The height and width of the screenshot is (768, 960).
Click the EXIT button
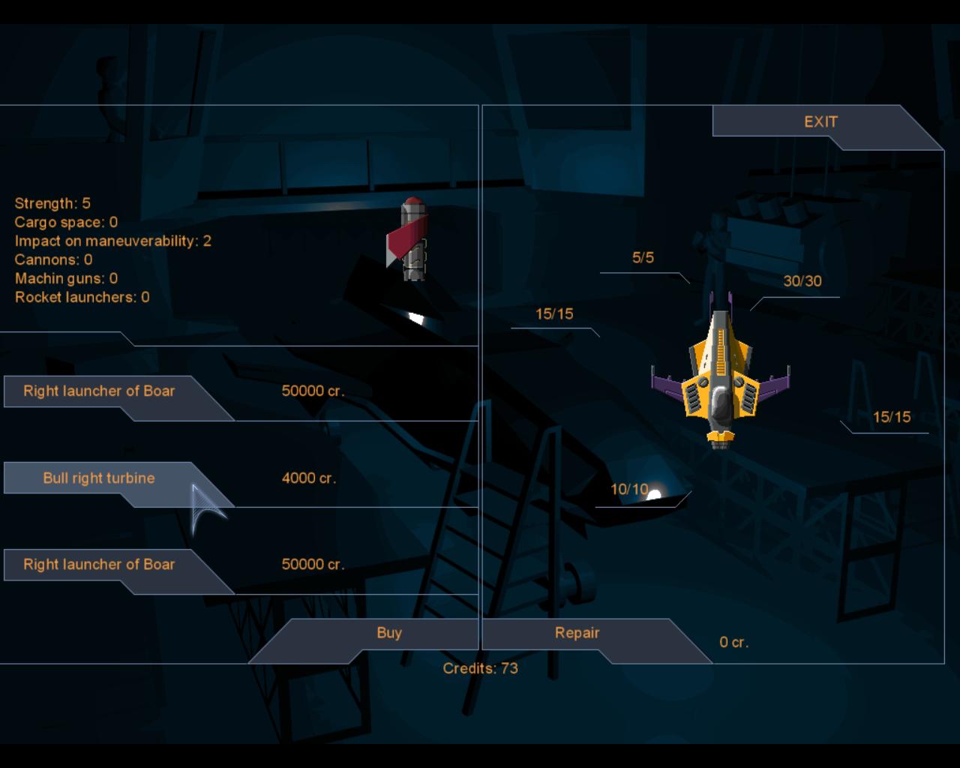click(x=820, y=121)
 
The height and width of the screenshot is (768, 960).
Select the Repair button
click(x=577, y=633)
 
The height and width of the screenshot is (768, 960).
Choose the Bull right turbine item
click(x=99, y=478)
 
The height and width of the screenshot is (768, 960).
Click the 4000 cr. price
click(x=309, y=478)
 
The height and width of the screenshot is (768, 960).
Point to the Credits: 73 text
click(x=481, y=668)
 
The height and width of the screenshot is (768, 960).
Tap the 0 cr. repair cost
click(x=733, y=642)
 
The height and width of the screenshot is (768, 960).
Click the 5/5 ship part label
click(x=643, y=257)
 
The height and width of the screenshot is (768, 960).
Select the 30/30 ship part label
click(x=802, y=281)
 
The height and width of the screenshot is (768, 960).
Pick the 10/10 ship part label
click(x=629, y=490)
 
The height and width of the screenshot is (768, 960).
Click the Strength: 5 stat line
click(x=52, y=203)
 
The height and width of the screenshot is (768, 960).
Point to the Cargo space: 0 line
click(x=66, y=222)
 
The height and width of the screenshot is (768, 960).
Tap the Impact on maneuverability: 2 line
click(x=112, y=241)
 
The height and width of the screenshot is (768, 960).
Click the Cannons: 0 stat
click(x=53, y=259)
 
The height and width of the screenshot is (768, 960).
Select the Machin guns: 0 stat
click(x=66, y=278)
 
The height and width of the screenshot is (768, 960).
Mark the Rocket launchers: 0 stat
click(x=82, y=297)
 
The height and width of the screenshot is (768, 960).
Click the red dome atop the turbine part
click(x=413, y=202)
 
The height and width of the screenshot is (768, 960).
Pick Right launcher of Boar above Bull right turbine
click(x=99, y=391)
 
